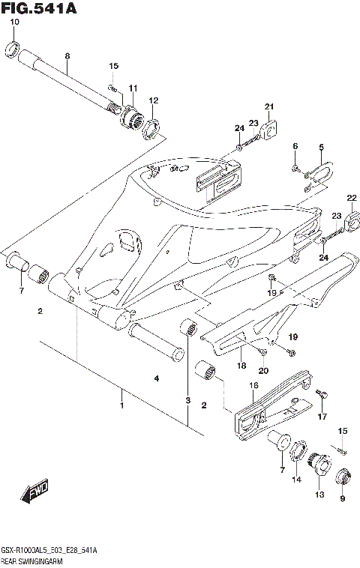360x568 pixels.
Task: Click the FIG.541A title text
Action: (x=40, y=9)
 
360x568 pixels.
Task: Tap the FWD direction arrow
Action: (x=35, y=492)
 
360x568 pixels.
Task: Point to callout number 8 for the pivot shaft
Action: (x=67, y=57)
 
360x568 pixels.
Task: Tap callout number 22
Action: (x=350, y=197)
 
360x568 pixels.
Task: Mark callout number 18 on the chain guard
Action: (x=241, y=366)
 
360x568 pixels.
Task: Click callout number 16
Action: (x=253, y=385)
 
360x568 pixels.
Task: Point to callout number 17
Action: (x=322, y=417)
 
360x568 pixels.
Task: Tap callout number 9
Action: (x=343, y=500)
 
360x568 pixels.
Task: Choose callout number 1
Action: (x=121, y=405)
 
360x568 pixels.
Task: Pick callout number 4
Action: (x=157, y=379)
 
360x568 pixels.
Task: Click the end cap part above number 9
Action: (x=343, y=476)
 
